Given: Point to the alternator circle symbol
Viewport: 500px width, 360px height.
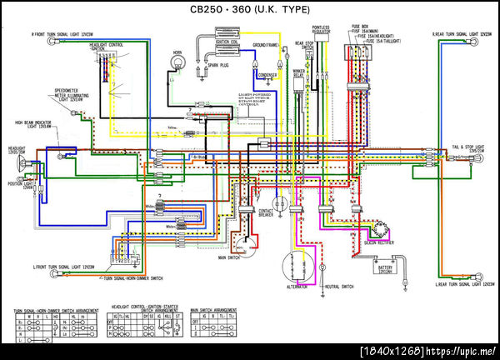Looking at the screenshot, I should point(296,267).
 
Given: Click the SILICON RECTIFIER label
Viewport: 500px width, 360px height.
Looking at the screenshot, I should point(380,242).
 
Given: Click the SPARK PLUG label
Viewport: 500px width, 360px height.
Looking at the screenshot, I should point(219,65).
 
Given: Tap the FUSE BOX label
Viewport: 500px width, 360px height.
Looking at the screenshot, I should point(360,26).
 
